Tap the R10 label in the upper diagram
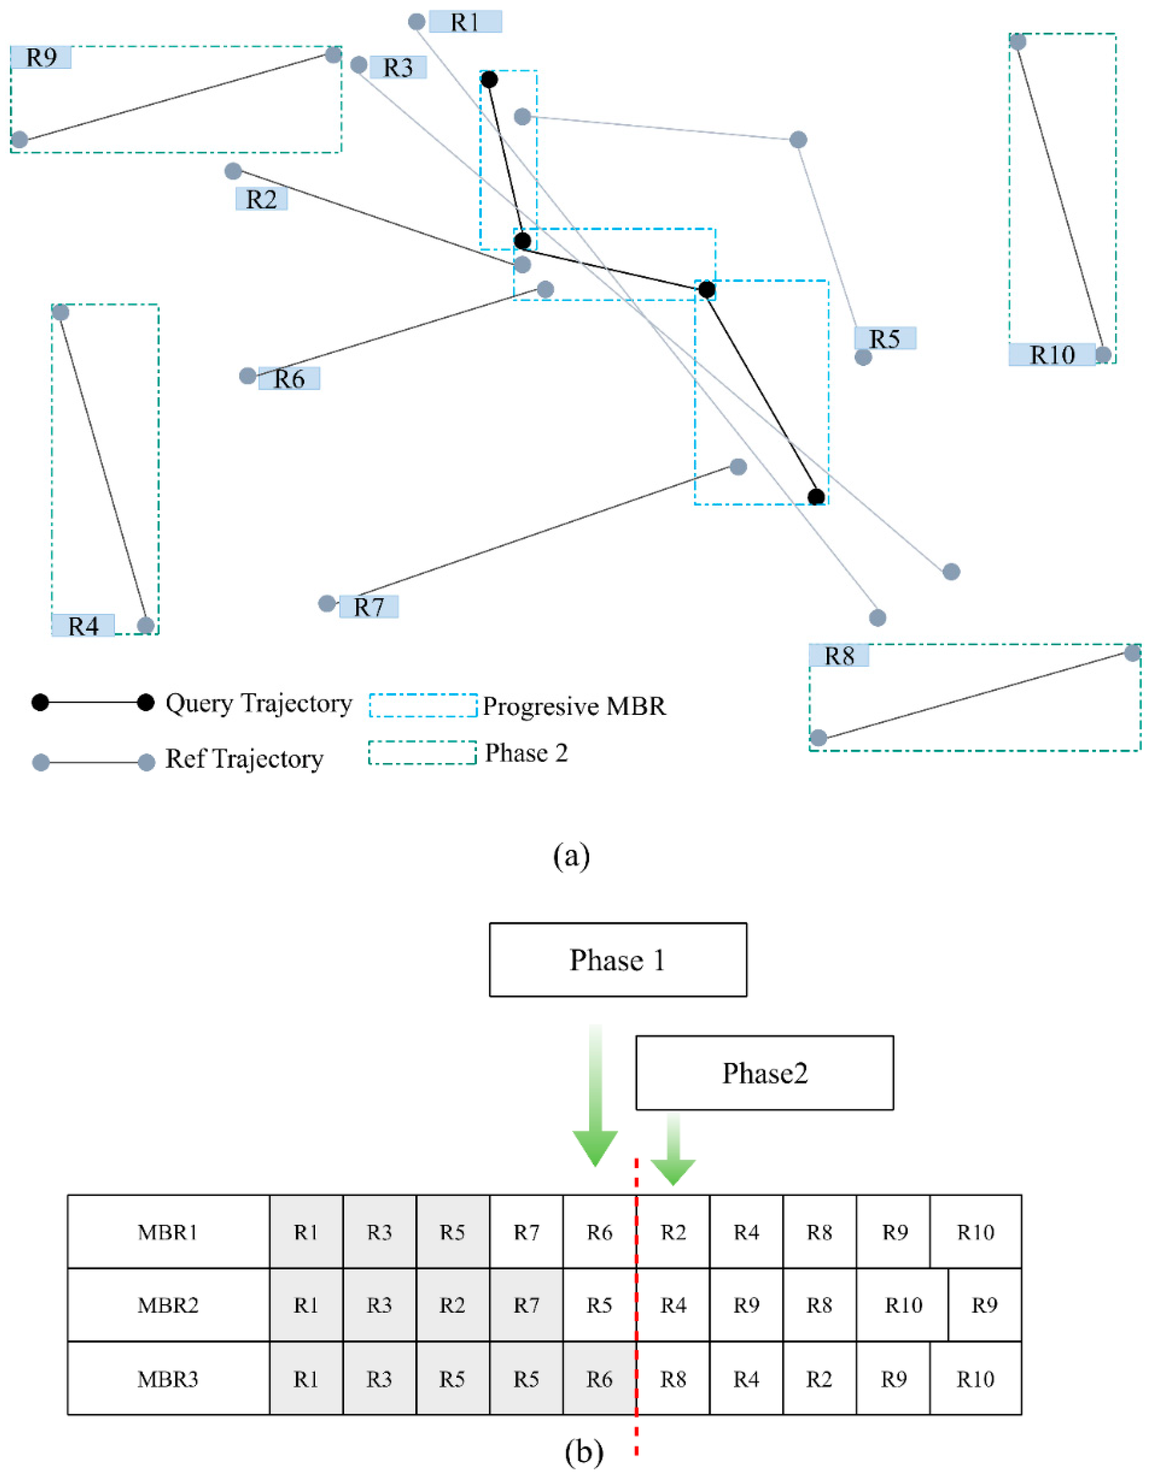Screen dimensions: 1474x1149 coord(1051,355)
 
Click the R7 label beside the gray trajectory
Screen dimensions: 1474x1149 coord(369,607)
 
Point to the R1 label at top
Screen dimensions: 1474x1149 coord(465,22)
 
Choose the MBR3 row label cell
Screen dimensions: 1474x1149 coord(168,1380)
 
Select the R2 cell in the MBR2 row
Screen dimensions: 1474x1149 coord(453,1306)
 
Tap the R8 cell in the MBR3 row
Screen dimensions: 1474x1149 coord(673,1380)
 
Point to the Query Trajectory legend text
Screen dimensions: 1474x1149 coord(258,703)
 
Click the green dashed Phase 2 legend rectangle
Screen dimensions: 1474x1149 coord(422,753)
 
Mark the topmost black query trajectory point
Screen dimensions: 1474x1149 coord(489,80)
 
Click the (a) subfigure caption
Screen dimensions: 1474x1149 coord(572,856)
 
